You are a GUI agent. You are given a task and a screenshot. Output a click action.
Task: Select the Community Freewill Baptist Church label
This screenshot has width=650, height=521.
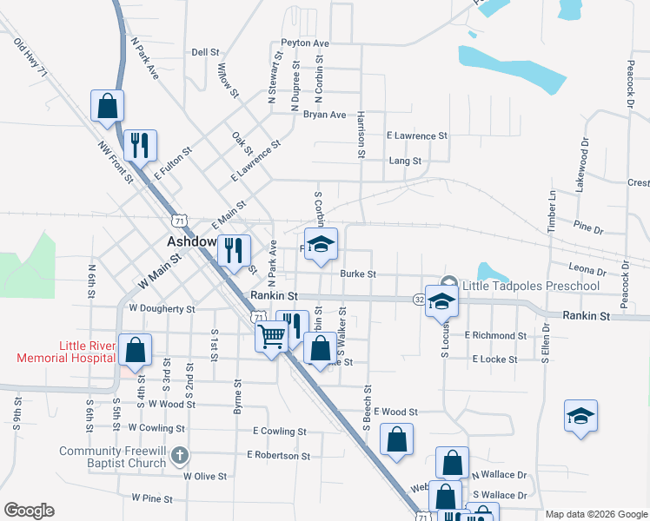tap(112, 457)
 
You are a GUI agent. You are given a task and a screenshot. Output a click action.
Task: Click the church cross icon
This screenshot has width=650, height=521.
tap(179, 454)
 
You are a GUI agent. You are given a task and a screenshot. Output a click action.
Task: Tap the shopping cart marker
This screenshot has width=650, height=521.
tap(272, 335)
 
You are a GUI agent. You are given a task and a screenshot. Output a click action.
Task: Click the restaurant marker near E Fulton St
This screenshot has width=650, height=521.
tap(140, 145)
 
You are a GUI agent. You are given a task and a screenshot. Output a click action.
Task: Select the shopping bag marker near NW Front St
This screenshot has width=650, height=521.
tap(108, 106)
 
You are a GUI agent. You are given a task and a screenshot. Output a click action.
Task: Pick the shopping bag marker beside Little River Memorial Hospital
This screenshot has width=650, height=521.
tap(136, 351)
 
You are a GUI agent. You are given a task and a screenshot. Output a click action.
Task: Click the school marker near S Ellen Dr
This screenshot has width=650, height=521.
tap(580, 415)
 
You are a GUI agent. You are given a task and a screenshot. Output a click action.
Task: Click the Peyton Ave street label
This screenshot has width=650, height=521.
tap(304, 43)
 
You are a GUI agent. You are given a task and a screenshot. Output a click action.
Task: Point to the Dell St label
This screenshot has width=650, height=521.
tap(205, 52)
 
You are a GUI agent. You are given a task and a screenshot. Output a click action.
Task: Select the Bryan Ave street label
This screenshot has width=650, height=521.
tap(324, 115)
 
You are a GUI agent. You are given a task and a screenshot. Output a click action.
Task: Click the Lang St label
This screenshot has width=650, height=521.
tap(405, 161)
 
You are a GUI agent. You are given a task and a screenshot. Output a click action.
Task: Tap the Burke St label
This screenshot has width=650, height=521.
tap(357, 274)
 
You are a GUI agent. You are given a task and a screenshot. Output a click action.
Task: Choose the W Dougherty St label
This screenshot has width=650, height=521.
tap(162, 307)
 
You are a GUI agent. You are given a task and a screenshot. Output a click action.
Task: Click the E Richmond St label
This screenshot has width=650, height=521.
tap(495, 335)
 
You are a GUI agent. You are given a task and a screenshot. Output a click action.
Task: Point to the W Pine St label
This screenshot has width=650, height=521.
tap(153, 498)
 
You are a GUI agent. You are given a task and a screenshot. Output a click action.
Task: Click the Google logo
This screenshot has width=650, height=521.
tap(29, 511)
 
